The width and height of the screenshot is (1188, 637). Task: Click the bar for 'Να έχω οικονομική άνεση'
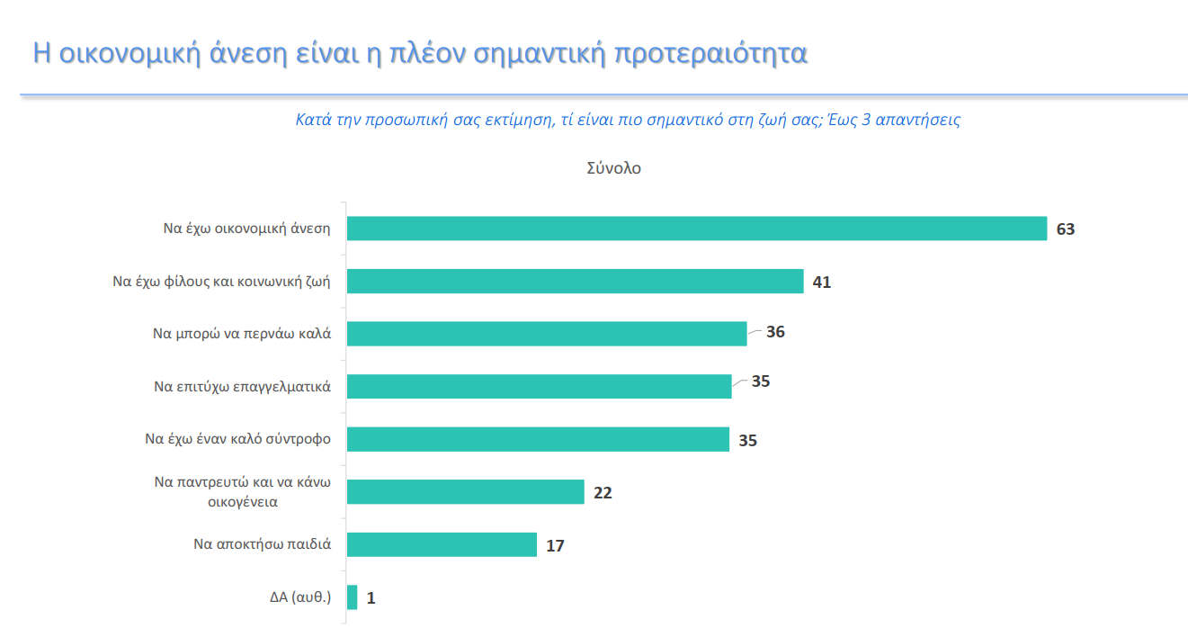click(x=697, y=229)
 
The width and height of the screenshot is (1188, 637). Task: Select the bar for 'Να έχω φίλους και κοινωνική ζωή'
click(x=575, y=281)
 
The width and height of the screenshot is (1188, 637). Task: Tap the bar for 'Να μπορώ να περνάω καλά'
click(x=547, y=333)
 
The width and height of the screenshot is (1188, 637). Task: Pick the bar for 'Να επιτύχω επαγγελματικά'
click(x=539, y=386)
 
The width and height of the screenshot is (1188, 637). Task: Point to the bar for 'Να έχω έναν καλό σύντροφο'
click(x=538, y=439)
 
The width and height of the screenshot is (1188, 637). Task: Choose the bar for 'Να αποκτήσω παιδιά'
click(x=442, y=544)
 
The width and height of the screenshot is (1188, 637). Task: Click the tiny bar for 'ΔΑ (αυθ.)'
click(x=352, y=597)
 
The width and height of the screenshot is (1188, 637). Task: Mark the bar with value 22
click(x=465, y=492)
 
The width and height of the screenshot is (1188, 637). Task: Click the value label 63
click(x=1066, y=229)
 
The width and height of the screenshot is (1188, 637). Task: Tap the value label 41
click(x=821, y=283)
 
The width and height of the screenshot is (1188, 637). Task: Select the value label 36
click(x=775, y=332)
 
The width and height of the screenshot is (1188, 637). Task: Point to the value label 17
click(x=555, y=546)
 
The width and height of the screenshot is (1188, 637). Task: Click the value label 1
click(x=371, y=598)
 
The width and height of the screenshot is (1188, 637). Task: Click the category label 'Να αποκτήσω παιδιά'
click(x=263, y=544)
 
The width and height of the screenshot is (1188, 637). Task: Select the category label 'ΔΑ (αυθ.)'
click(x=300, y=597)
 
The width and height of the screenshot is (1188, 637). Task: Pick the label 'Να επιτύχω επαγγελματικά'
click(x=243, y=387)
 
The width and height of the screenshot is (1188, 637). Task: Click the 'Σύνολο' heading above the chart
click(x=613, y=168)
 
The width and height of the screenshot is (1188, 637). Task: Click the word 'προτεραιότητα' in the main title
click(x=710, y=54)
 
